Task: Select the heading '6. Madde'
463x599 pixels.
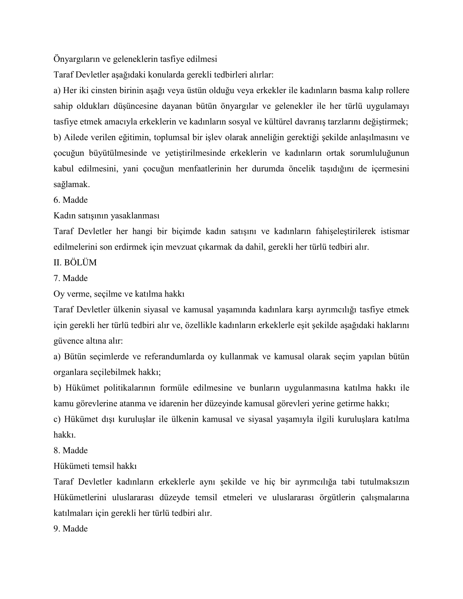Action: coord(71,200)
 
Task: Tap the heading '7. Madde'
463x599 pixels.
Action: coord(71,278)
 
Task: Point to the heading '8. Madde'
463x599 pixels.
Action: coord(71,450)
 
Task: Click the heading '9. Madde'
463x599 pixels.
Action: coord(71,528)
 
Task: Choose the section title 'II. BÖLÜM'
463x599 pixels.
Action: coord(75,262)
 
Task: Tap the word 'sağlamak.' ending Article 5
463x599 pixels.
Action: coord(72,184)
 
